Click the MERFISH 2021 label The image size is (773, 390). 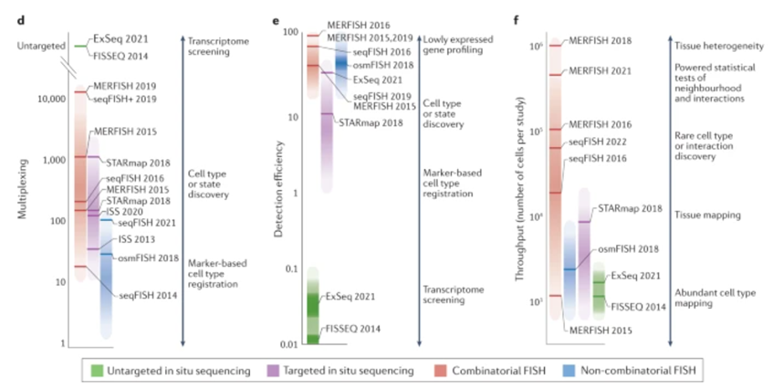[598, 70]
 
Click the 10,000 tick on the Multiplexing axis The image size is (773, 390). [47, 98]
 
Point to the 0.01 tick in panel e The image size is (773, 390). [289, 344]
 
